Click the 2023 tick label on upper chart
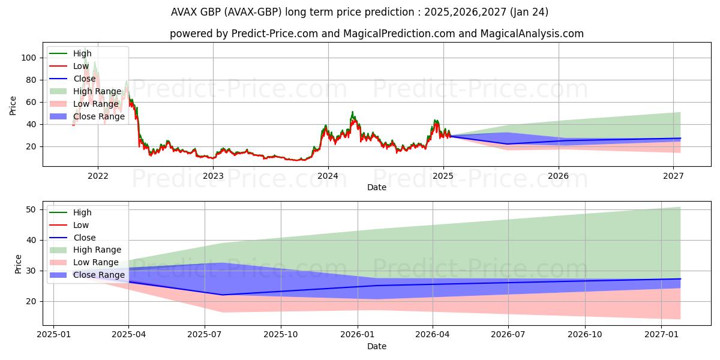[x=213, y=176]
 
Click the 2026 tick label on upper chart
[x=559, y=176]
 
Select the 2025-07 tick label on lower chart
[x=205, y=334]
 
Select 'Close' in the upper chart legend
[x=85, y=79]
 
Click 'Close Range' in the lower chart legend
[x=99, y=275]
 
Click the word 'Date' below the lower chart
[x=377, y=346]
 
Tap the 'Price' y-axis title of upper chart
[x=13, y=106]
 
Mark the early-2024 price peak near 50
[x=353, y=113]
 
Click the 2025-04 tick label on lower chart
[x=129, y=334]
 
